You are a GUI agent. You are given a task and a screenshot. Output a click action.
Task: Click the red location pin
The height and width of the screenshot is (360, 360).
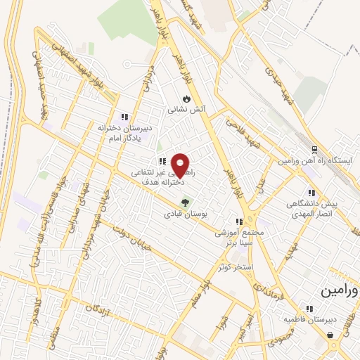(181, 165)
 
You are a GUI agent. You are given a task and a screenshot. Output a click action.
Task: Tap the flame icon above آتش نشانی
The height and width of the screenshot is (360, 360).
(186, 99)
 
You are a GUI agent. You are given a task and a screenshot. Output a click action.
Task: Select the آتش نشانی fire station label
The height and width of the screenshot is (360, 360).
(186, 110)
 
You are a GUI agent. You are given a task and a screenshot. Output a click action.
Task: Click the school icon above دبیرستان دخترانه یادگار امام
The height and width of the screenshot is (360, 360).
(124, 117)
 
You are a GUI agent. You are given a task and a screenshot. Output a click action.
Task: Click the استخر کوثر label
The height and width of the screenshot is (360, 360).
(235, 267)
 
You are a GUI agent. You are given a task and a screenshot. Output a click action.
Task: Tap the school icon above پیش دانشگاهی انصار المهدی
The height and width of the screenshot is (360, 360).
(310, 192)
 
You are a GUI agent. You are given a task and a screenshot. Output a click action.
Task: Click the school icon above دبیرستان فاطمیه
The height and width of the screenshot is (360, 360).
(309, 308)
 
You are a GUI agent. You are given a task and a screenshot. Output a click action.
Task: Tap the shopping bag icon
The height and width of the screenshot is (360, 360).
(330, 335)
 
